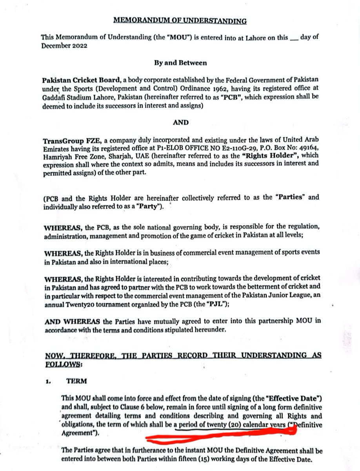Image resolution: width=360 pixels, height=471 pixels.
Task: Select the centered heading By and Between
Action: click(180, 63)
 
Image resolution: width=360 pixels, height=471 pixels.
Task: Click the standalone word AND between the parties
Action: click(180, 122)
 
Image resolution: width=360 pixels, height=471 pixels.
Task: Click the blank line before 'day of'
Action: click(293, 38)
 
